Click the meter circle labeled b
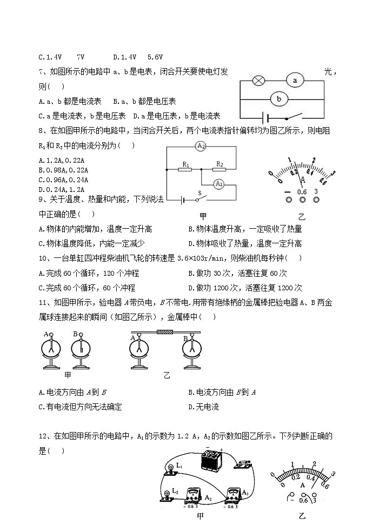pos(279,99)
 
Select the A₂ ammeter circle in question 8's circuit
pos(201,147)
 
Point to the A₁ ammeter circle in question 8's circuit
pos(219,184)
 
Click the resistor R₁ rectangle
pos(185,169)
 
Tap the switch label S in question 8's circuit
pos(200,193)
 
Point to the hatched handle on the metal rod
pos(164,333)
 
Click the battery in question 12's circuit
pos(211,460)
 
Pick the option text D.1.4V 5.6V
pos(138,56)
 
